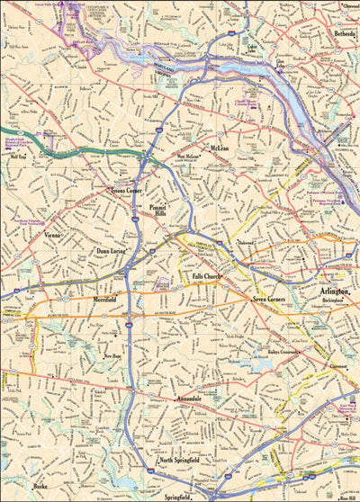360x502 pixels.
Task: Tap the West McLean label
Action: [x=187, y=156]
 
